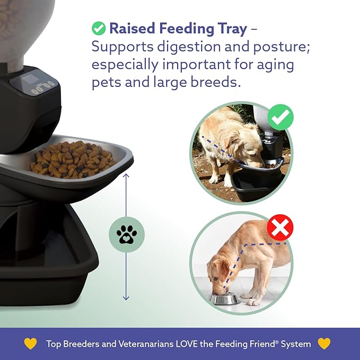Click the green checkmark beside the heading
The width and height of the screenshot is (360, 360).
point(99,28)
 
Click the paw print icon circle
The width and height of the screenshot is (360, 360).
point(126,234)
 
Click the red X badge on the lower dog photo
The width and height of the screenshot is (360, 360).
point(279,229)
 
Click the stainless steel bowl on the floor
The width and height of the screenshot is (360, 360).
point(224,299)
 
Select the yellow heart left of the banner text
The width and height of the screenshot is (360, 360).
point(31,344)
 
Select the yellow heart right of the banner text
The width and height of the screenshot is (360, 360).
point(324,344)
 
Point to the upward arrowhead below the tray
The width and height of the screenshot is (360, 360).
point(126,174)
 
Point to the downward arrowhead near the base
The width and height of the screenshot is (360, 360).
point(126,298)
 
